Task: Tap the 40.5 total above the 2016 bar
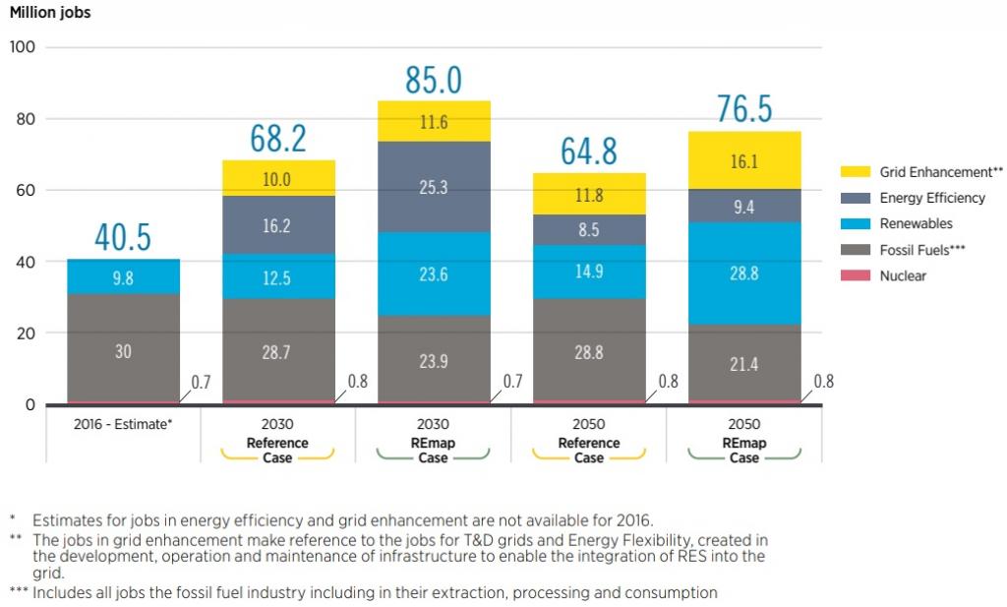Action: [x=123, y=238]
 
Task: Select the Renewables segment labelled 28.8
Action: [x=743, y=273]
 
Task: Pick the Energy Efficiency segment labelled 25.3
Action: [x=434, y=187]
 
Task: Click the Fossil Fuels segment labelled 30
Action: [x=123, y=349]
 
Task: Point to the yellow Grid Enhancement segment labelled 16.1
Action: [x=743, y=161]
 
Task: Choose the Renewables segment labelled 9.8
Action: [x=123, y=277]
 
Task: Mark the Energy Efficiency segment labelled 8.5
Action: [x=588, y=230]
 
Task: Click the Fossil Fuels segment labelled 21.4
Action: [x=743, y=364]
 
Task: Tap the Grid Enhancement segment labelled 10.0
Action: [x=277, y=179]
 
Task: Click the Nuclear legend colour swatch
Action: [x=856, y=276]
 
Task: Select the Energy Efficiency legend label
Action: [x=931, y=198]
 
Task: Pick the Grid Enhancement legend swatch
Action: [x=856, y=172]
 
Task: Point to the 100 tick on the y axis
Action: [x=22, y=47]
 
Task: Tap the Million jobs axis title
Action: [x=49, y=13]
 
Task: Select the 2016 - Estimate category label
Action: [x=123, y=424]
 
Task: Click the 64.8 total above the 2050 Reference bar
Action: [x=589, y=152]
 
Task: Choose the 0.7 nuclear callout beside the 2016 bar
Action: [x=201, y=382]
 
